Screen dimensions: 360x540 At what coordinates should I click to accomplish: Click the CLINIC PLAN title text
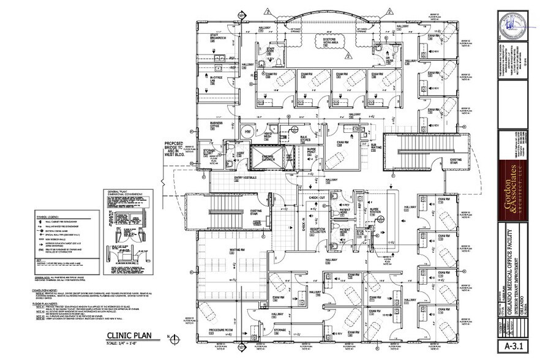pos(129,336)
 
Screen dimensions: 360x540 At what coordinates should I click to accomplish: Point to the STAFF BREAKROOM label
pos(219,36)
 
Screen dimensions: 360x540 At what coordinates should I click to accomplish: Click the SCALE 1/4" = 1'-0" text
pos(129,343)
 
